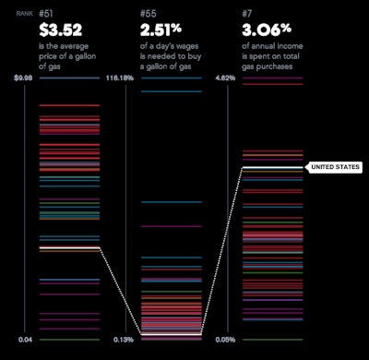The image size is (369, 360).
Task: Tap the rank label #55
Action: click(x=149, y=13)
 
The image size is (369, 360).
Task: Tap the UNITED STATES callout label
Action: click(x=334, y=167)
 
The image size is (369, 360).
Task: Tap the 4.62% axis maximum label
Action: click(x=224, y=78)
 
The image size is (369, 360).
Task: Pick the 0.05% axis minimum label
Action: click(x=224, y=340)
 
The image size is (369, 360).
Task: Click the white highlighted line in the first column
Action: click(x=69, y=248)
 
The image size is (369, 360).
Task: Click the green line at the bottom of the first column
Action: click(x=69, y=340)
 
